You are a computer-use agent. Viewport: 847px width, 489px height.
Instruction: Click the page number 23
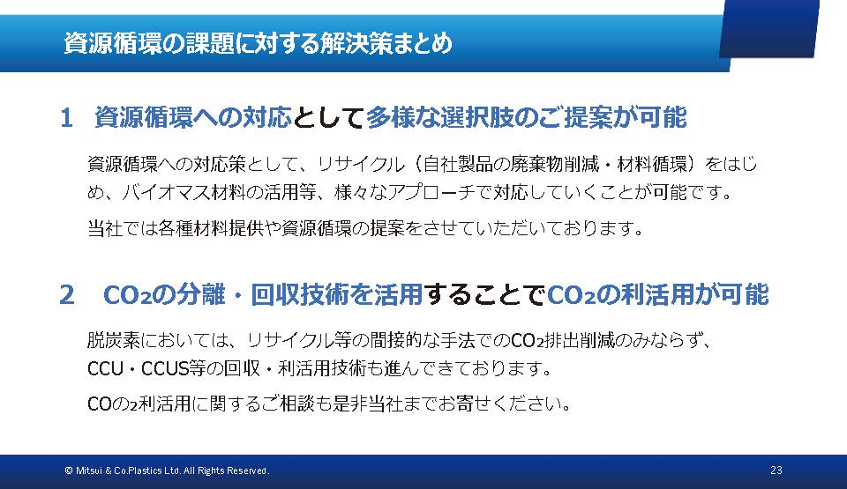(776, 470)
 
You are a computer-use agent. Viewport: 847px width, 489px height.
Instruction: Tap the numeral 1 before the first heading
(66, 118)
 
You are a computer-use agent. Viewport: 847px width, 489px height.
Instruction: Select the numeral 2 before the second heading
(67, 294)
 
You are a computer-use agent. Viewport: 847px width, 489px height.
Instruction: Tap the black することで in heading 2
(484, 294)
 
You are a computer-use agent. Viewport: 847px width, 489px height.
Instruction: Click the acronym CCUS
(165, 368)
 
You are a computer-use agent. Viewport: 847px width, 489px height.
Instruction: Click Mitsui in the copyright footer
(88, 470)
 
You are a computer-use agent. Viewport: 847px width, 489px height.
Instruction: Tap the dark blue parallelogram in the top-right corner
(769, 28)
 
